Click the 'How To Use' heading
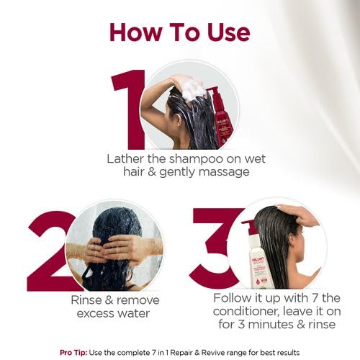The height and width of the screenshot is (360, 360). point(179,32)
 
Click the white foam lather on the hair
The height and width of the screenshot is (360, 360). point(193,89)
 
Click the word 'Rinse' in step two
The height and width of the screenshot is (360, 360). point(71,300)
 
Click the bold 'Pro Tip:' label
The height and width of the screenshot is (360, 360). point(75,351)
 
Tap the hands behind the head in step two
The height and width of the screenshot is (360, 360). point(108,248)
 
